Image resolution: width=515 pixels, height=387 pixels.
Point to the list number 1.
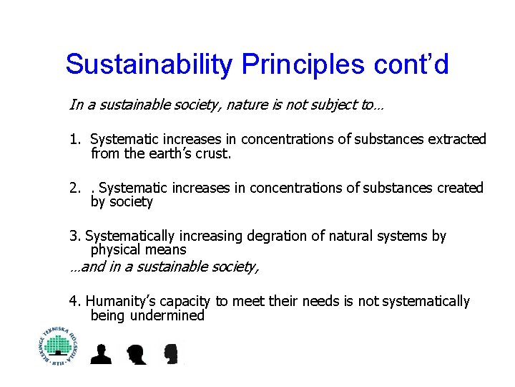click(x=74, y=139)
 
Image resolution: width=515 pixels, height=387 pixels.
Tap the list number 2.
click(x=74, y=188)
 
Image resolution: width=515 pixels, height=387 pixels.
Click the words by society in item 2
click(x=122, y=202)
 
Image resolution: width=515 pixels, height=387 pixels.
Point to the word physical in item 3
click(x=114, y=250)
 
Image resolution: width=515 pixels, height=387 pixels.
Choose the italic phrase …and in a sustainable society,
click(x=165, y=267)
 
